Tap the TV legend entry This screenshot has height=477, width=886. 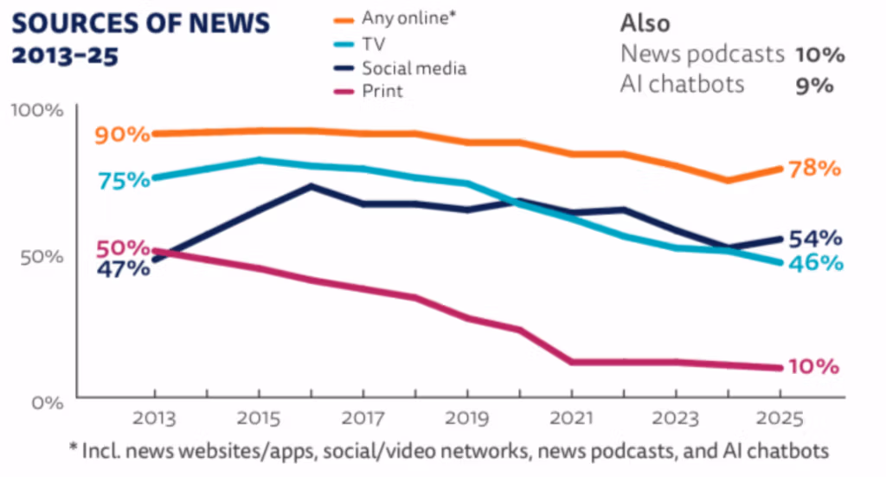373,43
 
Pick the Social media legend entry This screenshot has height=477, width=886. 414,67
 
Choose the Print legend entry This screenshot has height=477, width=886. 382,90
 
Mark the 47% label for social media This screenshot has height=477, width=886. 123,268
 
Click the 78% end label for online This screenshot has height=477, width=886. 816,168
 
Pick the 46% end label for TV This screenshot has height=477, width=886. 816,262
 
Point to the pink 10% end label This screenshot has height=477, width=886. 814,366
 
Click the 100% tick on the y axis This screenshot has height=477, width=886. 36,111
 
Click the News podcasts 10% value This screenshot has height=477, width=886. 819,55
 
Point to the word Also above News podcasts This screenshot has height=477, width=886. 645,23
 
